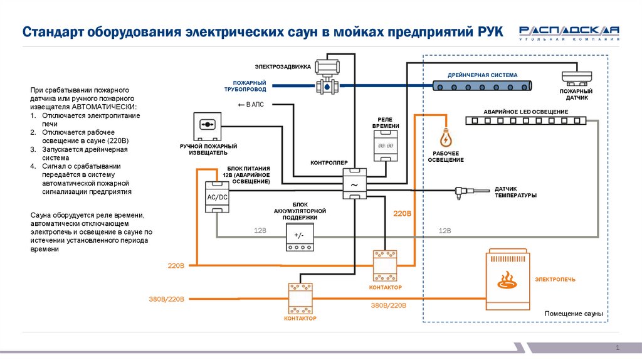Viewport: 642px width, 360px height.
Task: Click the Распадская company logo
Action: click(x=569, y=32)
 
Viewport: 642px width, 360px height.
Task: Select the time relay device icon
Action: click(x=382, y=146)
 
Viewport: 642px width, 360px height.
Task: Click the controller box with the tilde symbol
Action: click(x=354, y=184)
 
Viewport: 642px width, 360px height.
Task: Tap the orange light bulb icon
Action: click(x=446, y=137)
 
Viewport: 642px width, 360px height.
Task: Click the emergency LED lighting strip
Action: click(x=526, y=120)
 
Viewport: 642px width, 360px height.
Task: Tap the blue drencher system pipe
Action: click(x=482, y=83)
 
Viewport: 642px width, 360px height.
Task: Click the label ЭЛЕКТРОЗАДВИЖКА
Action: click(x=283, y=66)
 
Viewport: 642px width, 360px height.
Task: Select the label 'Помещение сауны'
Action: click(x=573, y=313)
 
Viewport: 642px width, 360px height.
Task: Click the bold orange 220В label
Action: click(x=402, y=214)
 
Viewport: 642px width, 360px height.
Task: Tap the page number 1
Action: click(x=618, y=347)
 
